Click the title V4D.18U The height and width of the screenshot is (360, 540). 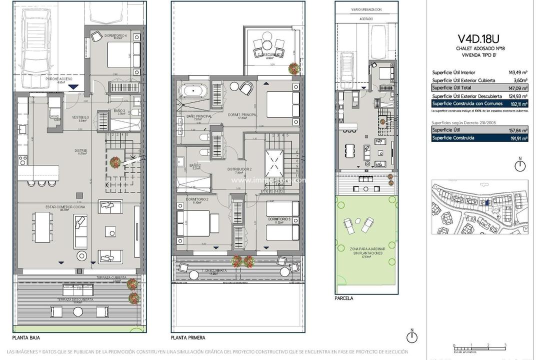coord(479,38)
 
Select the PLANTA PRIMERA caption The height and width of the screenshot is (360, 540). coord(188,337)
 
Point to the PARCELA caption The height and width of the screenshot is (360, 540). coord(344,298)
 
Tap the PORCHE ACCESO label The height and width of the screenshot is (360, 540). coord(59,79)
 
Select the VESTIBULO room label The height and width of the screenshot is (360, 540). coord(80,117)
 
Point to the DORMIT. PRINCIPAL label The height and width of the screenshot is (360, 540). coord(242,115)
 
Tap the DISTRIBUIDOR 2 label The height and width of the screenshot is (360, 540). coord(239,169)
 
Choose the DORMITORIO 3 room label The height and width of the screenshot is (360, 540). coord(279,219)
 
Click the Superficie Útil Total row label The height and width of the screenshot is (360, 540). coord(454,87)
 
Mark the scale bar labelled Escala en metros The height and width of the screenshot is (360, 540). coord(479,345)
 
